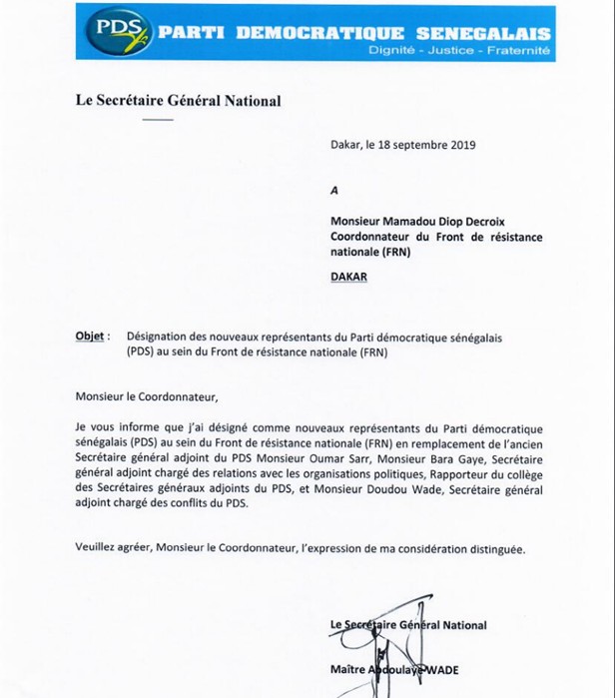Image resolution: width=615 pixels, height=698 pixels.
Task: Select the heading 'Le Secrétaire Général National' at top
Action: pyautogui.click(x=178, y=101)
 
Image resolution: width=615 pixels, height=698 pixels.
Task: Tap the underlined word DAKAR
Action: pyautogui.click(x=348, y=277)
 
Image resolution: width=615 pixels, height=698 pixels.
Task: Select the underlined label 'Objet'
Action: pyautogui.click(x=90, y=338)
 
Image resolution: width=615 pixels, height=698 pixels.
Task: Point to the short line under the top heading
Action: pyautogui.click(x=158, y=119)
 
